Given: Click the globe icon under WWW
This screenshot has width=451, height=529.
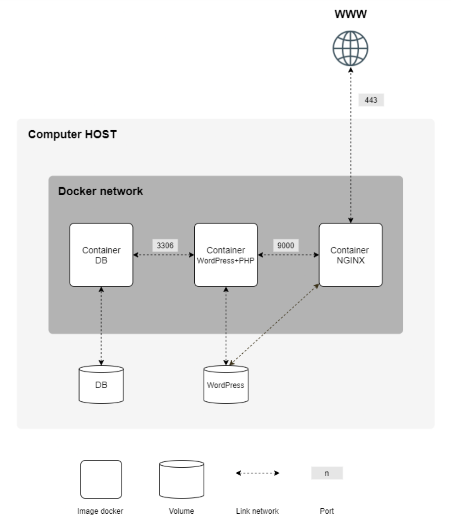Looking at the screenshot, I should point(350,49).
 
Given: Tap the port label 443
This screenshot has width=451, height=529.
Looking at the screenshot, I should point(371,100).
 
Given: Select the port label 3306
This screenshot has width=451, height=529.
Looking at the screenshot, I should point(165,245).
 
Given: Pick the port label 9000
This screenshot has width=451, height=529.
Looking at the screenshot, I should point(286,245).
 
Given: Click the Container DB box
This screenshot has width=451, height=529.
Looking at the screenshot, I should point(101,255).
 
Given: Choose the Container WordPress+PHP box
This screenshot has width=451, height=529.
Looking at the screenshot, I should point(226,255).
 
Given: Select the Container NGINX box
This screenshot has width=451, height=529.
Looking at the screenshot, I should point(351,255).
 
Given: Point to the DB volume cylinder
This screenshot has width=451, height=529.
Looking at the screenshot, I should point(101,385).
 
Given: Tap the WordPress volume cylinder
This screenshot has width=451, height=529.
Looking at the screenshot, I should point(226,385).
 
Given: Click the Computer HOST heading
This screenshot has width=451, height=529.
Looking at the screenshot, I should point(72,134).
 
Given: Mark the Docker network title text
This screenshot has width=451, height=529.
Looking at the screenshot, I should point(100,191).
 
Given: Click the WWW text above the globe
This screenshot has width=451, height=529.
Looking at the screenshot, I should point(351,14).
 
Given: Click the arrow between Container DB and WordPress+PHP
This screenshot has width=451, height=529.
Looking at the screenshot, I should point(164,255).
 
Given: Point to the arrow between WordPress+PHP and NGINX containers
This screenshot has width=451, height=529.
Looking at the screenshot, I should point(288,255).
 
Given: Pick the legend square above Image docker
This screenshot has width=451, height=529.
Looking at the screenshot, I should point(101,479).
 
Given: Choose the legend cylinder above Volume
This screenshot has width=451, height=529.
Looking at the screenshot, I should point(182,479).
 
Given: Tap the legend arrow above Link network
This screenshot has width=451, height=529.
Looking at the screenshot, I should point(258,473).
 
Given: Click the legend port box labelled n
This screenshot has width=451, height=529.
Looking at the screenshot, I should point(327,473).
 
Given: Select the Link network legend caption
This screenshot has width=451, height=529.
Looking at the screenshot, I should point(257,511).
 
